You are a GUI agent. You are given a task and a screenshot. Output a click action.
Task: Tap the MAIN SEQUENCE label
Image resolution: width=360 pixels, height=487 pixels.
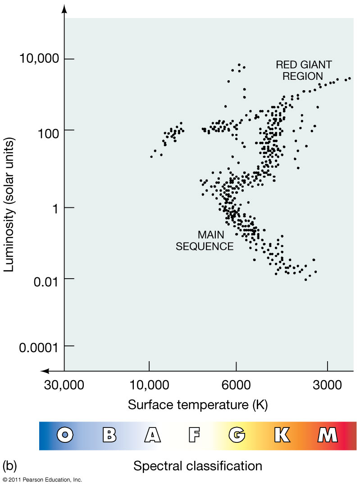coord(205,240)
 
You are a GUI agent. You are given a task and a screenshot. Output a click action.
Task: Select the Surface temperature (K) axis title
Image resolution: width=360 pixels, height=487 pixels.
coord(198,404)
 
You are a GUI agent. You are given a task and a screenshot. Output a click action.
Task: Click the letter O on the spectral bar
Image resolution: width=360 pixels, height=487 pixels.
coord(66,435)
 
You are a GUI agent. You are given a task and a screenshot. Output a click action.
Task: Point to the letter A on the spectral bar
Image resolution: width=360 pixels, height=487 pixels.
coord(152,435)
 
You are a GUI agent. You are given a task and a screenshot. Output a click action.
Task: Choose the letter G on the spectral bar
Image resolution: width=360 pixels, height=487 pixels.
coord(237,435)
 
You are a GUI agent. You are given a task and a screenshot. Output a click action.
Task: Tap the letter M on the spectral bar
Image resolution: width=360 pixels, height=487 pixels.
coord(327,435)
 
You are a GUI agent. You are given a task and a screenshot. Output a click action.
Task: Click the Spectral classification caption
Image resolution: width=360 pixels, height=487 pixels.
coord(198,465)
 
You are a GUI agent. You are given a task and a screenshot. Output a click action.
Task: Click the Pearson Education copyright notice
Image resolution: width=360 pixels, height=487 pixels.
coord(42,480)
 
